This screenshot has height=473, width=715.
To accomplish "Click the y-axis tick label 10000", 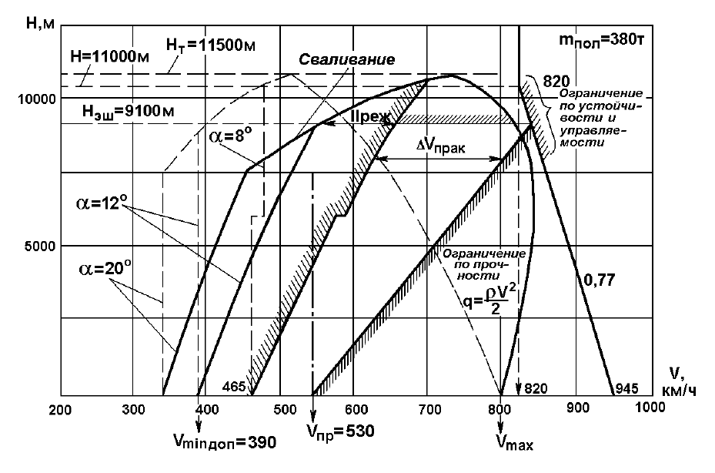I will (x=36, y=99).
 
